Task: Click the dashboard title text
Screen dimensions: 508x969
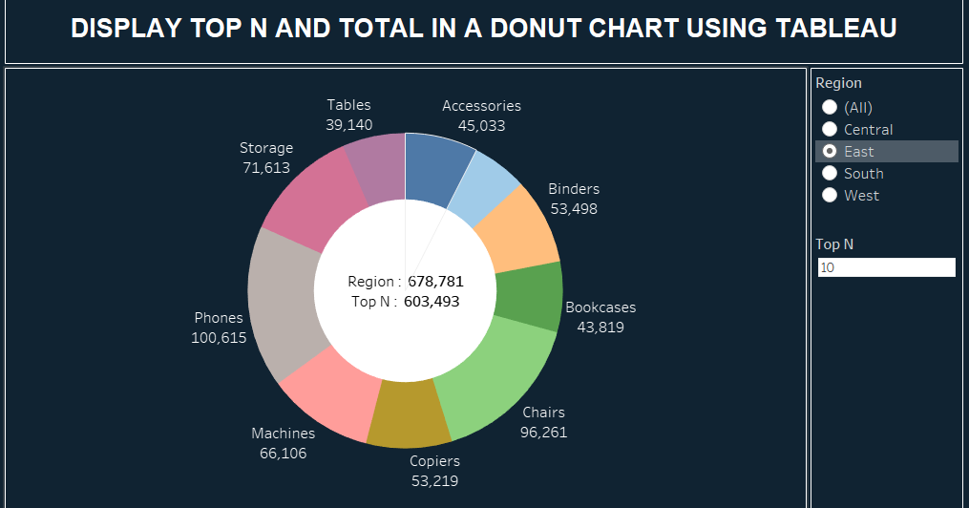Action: click(x=483, y=29)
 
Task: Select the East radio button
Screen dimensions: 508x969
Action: click(x=830, y=151)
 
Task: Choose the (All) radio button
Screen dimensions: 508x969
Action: click(x=830, y=107)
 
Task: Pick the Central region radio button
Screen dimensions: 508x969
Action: click(x=830, y=129)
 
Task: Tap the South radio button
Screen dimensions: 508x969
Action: click(x=830, y=173)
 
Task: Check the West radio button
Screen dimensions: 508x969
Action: click(x=830, y=195)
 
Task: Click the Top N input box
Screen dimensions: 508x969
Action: click(x=886, y=267)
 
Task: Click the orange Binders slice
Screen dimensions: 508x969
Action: click(x=516, y=229)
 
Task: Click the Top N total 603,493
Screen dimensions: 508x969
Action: click(x=432, y=302)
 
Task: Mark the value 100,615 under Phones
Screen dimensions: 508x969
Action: click(x=219, y=338)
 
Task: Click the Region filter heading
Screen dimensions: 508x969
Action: click(x=838, y=83)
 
